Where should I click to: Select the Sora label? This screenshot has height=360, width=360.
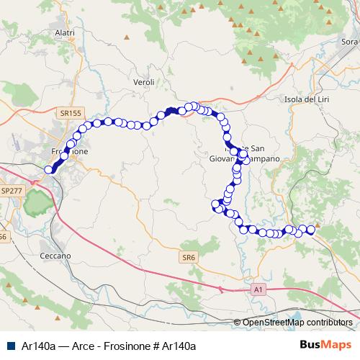pyautogui.click(x=349, y=42)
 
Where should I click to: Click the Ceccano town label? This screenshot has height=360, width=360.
pyautogui.click(x=55, y=256)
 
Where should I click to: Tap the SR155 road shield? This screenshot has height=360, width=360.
pyautogui.click(x=71, y=113)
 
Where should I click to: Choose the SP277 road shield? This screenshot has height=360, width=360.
pyautogui.click(x=12, y=191)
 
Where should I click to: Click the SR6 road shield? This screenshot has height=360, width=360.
pyautogui.click(x=189, y=257)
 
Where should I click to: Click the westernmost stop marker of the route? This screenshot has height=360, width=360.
pyautogui.click(x=49, y=169)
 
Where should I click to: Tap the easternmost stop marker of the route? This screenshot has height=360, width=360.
pyautogui.click(x=311, y=230)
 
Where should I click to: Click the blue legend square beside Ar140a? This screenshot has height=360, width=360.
pyautogui.click(x=9, y=346)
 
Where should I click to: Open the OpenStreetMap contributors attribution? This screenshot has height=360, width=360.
pyautogui.click(x=297, y=323)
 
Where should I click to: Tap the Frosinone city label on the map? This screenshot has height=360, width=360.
pyautogui.click(x=71, y=153)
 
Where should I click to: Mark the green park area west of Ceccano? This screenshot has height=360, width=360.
pyautogui.click(x=37, y=204)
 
